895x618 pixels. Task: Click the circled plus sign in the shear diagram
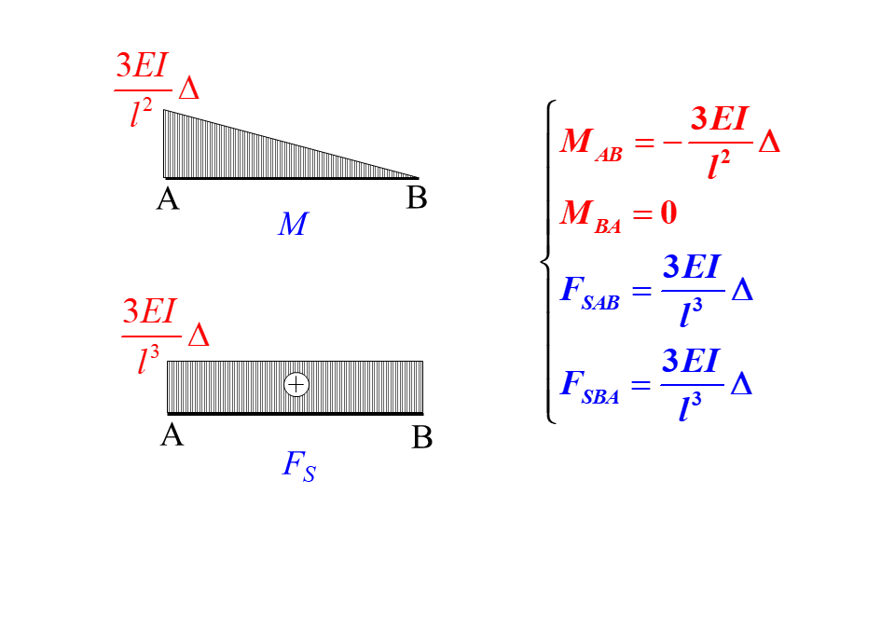296,384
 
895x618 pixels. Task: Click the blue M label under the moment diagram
292,225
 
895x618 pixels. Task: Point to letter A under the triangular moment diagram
168,198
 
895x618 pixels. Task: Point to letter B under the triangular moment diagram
417,198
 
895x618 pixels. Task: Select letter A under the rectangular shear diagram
172,434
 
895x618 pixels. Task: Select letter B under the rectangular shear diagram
422,436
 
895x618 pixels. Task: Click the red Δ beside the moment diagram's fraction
188,89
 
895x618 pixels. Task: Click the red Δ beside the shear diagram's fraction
199,336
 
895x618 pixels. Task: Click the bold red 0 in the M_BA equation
668,213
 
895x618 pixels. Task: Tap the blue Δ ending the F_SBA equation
741,384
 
